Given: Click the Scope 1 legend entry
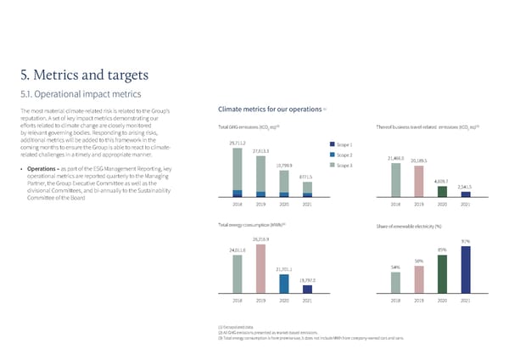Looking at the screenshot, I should (344, 145).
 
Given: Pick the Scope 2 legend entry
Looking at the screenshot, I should (344, 155).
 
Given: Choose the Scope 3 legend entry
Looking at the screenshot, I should (344, 166).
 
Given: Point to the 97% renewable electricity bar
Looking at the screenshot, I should (465, 269).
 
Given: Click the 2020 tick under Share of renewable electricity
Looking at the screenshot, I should (442, 301).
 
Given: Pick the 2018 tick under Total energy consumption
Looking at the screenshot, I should (238, 301).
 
